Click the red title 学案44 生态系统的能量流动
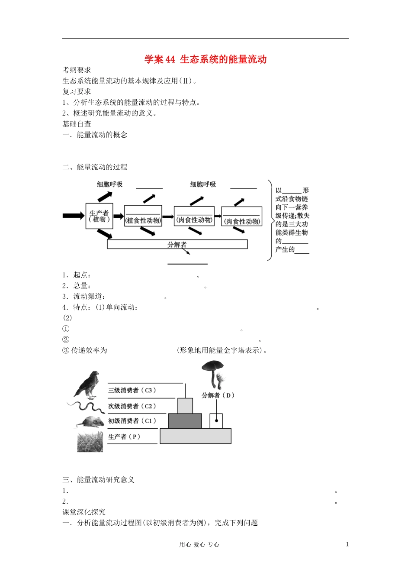205,59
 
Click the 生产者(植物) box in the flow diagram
99,216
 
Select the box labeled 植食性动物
143,216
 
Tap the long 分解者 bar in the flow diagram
177,244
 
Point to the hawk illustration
89,384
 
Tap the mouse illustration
91,422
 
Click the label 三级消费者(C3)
132,390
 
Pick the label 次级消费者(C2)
132,406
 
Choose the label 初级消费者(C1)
132,421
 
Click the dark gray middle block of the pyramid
185,421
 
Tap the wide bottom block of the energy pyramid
196,436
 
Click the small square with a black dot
216,421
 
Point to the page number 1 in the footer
347,544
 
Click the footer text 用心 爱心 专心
199,545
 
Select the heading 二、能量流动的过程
95,167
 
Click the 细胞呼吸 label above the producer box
110,184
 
